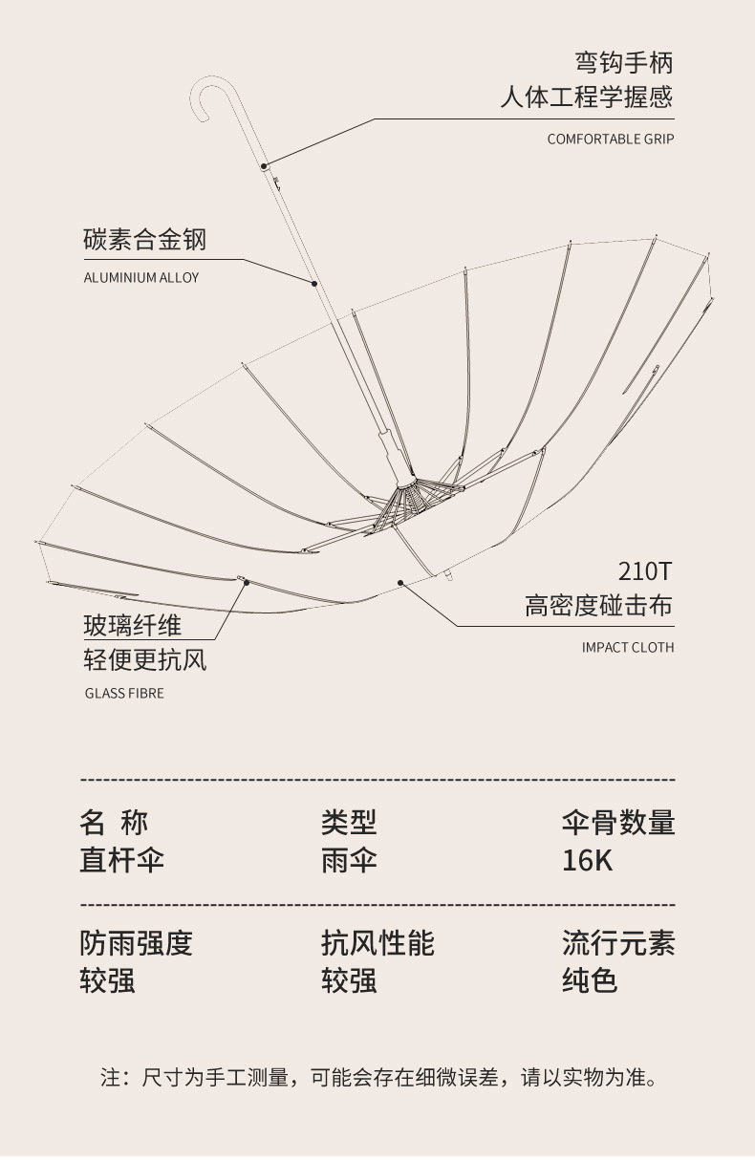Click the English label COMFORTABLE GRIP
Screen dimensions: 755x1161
[x=610, y=140]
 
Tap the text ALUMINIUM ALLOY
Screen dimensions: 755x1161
[x=141, y=278]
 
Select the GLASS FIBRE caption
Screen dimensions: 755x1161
[x=124, y=694]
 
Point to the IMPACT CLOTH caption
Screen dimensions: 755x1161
[x=628, y=648]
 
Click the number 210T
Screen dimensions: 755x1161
[x=645, y=571]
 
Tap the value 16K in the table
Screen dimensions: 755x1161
[x=587, y=860]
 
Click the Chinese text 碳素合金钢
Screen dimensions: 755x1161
[x=144, y=240]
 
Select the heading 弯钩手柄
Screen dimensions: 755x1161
[x=623, y=63]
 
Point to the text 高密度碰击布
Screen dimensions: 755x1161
[x=598, y=606]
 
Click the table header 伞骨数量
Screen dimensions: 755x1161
[x=617, y=822]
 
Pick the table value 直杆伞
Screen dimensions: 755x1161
[x=121, y=860]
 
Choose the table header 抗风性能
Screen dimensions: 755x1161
[x=377, y=943]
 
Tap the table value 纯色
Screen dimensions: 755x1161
[x=590, y=980]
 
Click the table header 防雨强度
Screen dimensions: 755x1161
[x=136, y=943]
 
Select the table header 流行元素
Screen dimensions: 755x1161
[x=617, y=943]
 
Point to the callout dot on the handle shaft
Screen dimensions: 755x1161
[x=264, y=166]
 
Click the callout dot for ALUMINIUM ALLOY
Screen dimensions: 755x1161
[x=314, y=284]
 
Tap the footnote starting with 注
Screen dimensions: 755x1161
[x=378, y=1078]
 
